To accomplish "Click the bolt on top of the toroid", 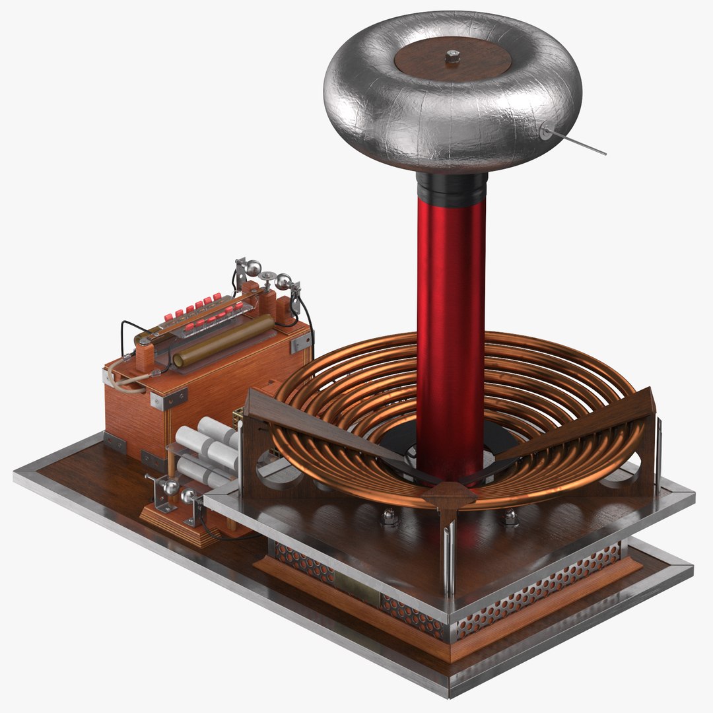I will click(452, 57).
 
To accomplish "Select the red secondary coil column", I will click(451, 330).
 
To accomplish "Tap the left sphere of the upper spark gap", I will click(253, 268).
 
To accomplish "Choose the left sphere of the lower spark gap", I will click(171, 487).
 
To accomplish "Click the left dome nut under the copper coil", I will click(390, 516).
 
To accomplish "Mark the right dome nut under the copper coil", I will click(510, 516).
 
